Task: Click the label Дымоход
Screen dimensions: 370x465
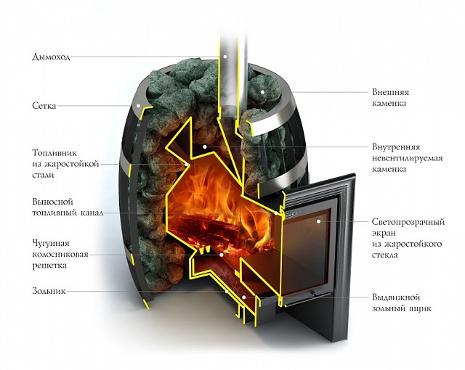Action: [x=52, y=57]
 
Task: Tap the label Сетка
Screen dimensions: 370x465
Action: [x=44, y=106]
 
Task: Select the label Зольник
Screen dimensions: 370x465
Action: [x=49, y=292]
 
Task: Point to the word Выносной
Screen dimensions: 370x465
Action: [x=52, y=202]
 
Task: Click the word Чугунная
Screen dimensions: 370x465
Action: [x=52, y=242]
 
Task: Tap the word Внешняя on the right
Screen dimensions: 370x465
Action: [x=389, y=92]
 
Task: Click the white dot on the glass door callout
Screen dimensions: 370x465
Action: [x=318, y=221]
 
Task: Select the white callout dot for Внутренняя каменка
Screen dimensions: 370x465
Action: [x=205, y=147]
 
